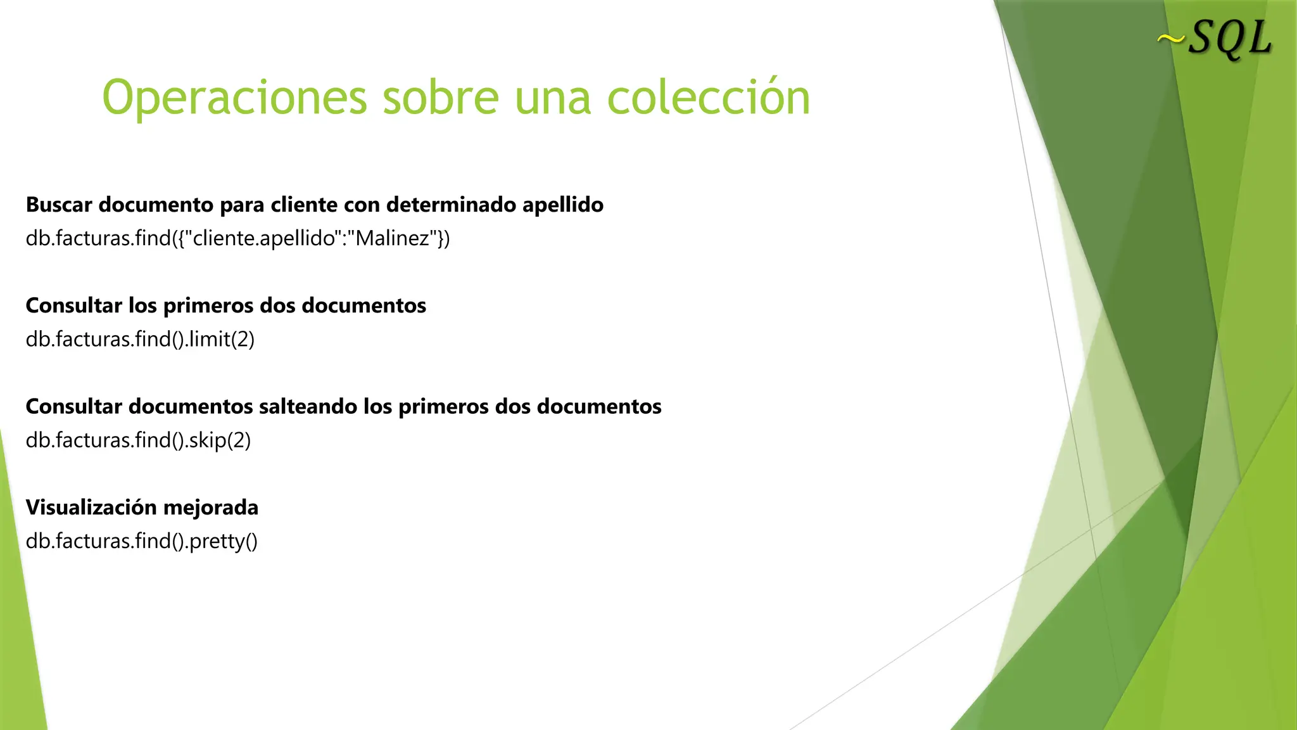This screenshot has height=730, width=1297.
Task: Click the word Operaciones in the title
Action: click(x=234, y=98)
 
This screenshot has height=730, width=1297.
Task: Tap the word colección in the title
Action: click(x=709, y=98)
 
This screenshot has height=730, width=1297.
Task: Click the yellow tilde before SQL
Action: click(x=1171, y=40)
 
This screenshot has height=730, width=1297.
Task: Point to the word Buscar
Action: click(x=59, y=205)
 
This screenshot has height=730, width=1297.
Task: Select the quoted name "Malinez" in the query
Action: click(x=393, y=238)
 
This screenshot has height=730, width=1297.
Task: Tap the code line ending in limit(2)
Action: click(x=140, y=339)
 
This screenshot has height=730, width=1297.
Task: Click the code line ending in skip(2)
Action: click(x=138, y=440)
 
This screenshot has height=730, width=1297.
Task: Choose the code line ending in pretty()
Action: click(x=141, y=541)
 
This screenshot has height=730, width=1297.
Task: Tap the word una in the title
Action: click(x=553, y=98)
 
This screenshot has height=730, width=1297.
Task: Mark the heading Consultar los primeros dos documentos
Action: click(x=225, y=305)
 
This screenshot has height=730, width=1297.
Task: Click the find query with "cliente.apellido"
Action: click(x=237, y=238)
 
